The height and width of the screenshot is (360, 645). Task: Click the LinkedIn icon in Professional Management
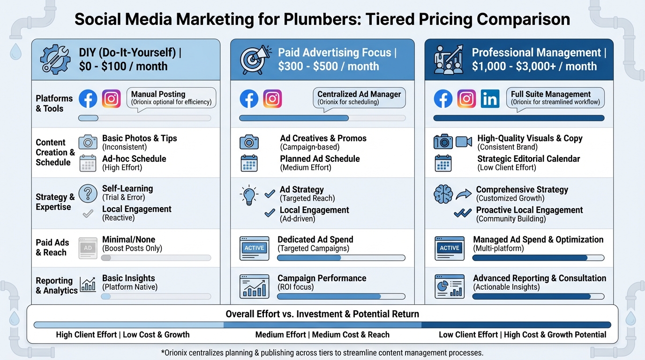tap(490, 99)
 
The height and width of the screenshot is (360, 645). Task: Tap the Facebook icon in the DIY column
tap(88, 99)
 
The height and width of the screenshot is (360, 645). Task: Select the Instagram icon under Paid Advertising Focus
tap(272, 99)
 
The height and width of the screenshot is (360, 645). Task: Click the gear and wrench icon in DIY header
tap(55, 60)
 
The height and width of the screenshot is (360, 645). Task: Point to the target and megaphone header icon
tap(255, 60)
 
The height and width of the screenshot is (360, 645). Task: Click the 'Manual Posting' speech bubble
tap(171, 98)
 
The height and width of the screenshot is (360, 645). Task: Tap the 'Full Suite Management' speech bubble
tap(555, 98)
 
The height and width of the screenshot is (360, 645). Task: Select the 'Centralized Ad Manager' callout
tap(359, 98)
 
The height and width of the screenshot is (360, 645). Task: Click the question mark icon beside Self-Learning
tap(88, 193)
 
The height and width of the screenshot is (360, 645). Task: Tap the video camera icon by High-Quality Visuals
tap(464, 142)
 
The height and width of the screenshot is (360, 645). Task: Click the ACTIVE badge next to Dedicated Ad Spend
tap(255, 248)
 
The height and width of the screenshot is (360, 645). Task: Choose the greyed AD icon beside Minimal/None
tap(88, 248)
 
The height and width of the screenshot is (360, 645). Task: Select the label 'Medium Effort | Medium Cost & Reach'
tap(322, 335)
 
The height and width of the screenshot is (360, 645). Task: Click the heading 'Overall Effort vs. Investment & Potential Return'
tap(322, 314)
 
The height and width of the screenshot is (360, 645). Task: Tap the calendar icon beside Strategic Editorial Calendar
tap(442, 163)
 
